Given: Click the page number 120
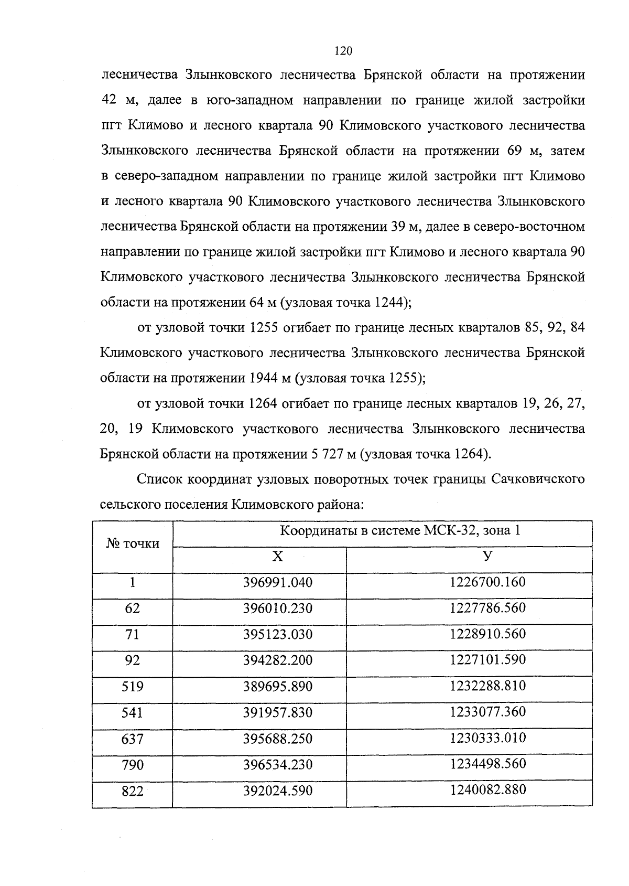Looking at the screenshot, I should [343, 51].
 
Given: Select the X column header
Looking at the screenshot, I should [277, 557].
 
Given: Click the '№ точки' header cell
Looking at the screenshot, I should [133, 544].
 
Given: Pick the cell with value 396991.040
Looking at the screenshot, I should [277, 582].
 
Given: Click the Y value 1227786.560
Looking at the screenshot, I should [487, 608].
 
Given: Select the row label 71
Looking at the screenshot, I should [133, 634].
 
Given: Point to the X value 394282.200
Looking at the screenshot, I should [277, 660].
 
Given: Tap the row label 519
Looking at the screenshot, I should [133, 687].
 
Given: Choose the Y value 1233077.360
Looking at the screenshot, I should [487, 712].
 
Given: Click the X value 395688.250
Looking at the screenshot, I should [277, 739].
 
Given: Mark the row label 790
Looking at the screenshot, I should [133, 765].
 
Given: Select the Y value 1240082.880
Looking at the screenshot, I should [487, 789].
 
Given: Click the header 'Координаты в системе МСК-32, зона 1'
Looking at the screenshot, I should [400, 530].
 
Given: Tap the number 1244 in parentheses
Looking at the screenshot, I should [391, 303].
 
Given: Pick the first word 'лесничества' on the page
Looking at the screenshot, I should [137, 76].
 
